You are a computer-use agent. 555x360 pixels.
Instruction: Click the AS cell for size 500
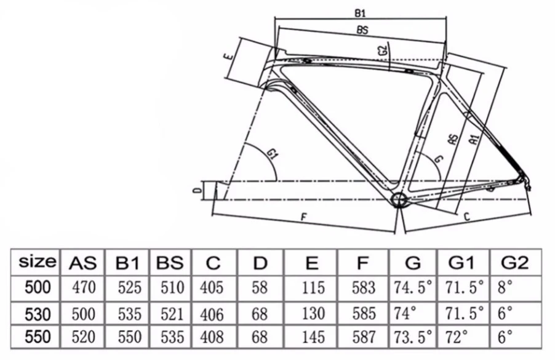click(82, 287)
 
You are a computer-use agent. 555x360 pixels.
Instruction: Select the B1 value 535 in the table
click(126, 313)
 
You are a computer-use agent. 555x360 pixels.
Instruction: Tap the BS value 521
click(170, 313)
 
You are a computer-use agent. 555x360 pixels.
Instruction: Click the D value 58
click(260, 287)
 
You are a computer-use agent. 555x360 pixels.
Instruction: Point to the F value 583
click(365, 287)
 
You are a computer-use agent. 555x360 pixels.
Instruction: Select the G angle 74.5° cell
click(413, 287)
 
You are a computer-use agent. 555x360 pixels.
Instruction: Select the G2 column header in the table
click(514, 263)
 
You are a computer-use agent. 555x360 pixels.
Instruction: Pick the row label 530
click(38, 313)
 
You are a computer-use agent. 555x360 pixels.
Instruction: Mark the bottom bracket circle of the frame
click(399, 200)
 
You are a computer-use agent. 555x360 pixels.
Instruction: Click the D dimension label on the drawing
click(196, 191)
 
